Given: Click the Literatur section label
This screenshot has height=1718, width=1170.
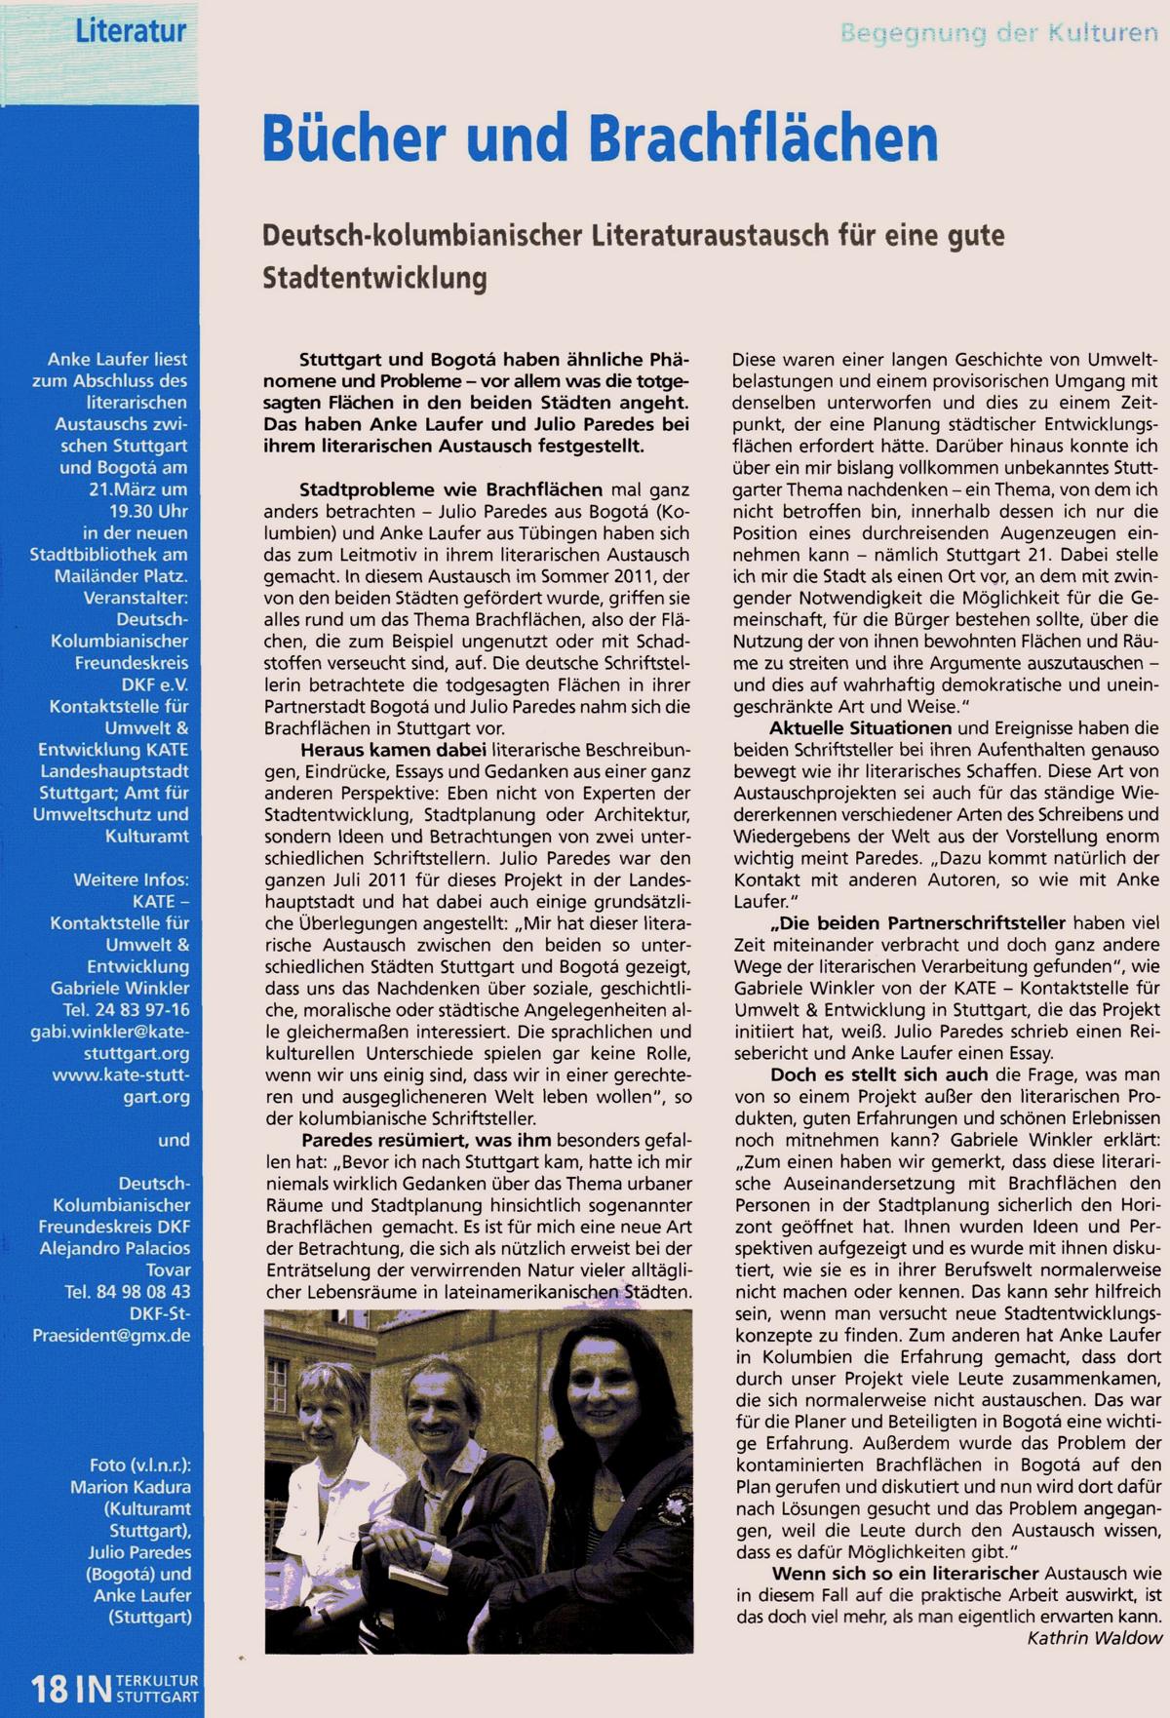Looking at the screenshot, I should click(131, 31).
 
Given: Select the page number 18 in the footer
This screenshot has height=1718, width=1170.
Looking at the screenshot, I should click(48, 1689).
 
